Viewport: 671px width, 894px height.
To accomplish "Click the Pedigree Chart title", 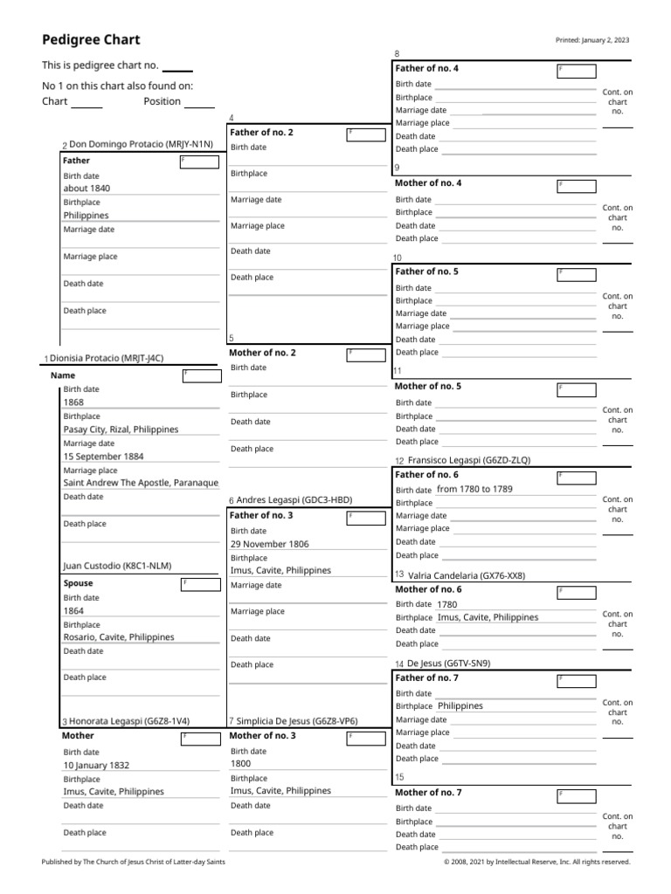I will pyautogui.click(x=91, y=40).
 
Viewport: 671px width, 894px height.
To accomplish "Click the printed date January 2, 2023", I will pyautogui.click(x=592, y=41).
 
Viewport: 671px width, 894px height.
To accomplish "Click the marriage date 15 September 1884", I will pyautogui.click(x=104, y=457).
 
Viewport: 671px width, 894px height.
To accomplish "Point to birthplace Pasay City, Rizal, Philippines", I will pyautogui.click(x=121, y=430).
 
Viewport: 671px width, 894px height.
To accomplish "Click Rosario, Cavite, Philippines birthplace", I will pyautogui.click(x=119, y=637).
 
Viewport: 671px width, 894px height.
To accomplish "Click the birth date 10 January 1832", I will pyautogui.click(x=96, y=766).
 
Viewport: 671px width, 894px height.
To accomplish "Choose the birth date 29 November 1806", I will pyautogui.click(x=269, y=544).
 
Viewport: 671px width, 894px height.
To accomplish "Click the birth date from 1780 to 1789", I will pyautogui.click(x=474, y=490).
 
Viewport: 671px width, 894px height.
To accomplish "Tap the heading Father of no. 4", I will pyautogui.click(x=427, y=69).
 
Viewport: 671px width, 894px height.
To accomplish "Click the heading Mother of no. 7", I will pyautogui.click(x=428, y=793).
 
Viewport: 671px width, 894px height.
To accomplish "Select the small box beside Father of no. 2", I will pyautogui.click(x=365, y=134).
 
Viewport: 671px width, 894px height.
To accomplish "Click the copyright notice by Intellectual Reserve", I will pyautogui.click(x=536, y=862).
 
